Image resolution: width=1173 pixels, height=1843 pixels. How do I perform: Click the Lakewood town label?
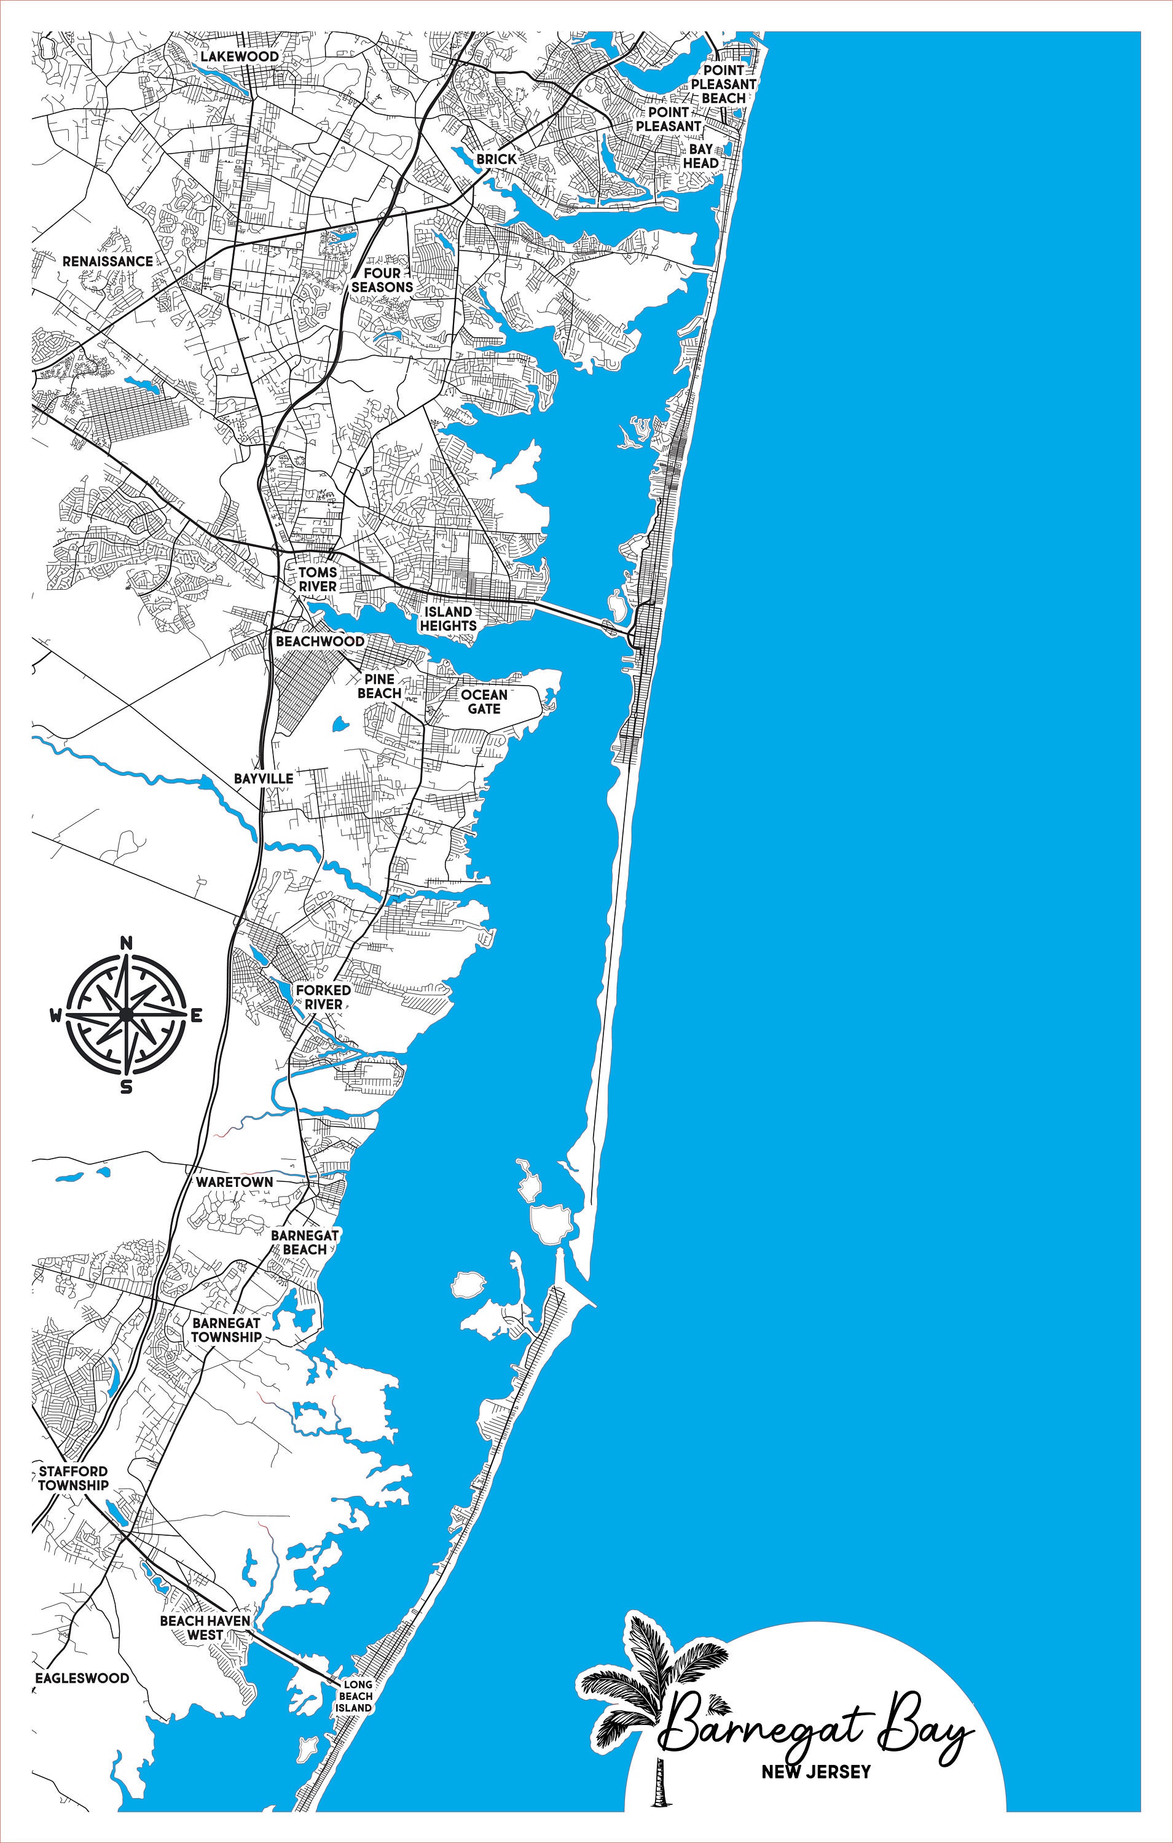point(240,57)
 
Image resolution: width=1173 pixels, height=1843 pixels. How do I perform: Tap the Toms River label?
point(318,579)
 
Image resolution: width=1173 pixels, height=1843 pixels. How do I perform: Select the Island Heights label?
point(448,619)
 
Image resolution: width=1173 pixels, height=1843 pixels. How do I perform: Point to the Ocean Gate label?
point(484,702)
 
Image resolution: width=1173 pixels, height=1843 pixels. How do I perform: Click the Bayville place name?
point(264,778)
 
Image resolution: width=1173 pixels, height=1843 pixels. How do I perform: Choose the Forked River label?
point(323,996)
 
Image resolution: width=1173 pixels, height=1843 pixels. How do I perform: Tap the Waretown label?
point(234,1182)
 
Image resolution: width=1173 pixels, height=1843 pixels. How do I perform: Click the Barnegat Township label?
point(226,1330)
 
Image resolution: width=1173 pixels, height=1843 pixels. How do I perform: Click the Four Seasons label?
point(382,280)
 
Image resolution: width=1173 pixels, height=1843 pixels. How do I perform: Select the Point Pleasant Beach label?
point(724,84)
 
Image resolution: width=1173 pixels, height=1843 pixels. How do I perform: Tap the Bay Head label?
point(700,156)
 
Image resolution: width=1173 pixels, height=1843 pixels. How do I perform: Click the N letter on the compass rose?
point(127,943)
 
